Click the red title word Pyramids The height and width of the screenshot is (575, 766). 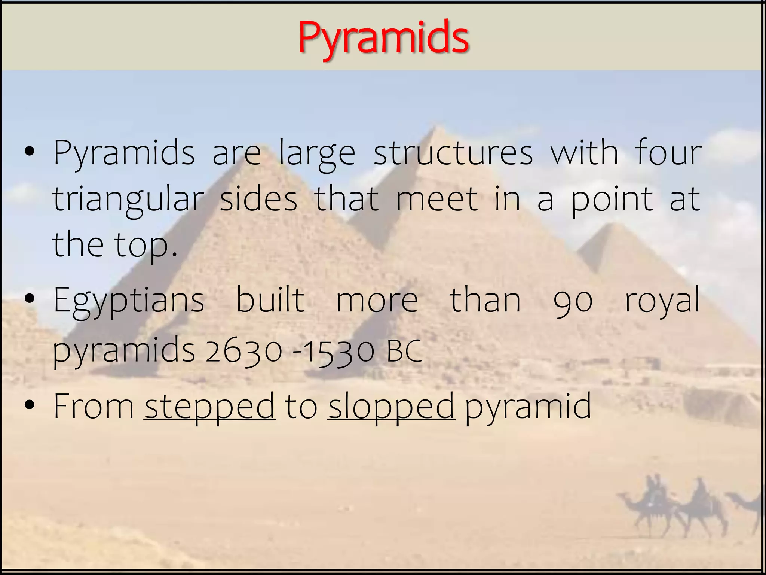(x=383, y=37)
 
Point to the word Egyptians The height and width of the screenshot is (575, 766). (x=129, y=302)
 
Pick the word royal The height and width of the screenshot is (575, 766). (x=662, y=302)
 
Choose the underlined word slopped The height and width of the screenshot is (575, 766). (x=391, y=407)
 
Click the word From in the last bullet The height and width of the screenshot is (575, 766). (x=94, y=406)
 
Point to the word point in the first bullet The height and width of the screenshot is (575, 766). (x=612, y=200)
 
